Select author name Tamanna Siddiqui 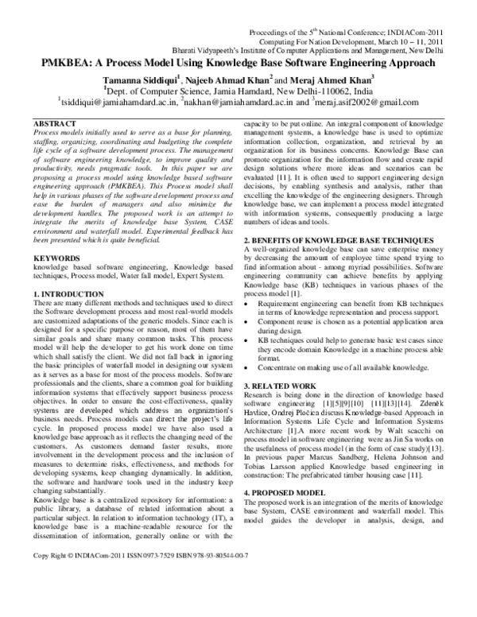click(x=145, y=80)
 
